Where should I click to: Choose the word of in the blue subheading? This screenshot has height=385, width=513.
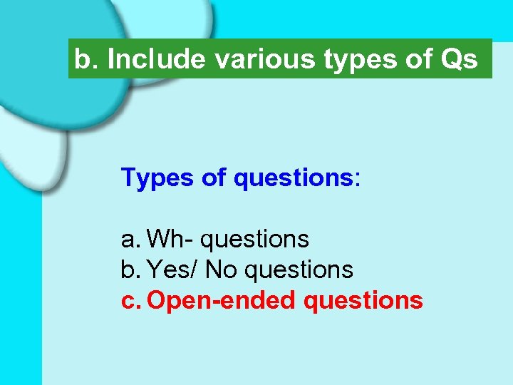click(213, 178)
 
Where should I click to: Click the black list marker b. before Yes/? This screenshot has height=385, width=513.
click(130, 269)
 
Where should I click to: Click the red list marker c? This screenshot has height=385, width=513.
click(130, 301)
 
